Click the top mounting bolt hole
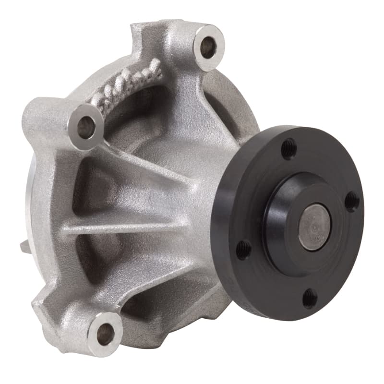click(208, 47)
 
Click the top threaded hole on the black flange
click(288, 149)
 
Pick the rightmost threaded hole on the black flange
click(352, 201)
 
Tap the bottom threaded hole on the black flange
click(310, 298)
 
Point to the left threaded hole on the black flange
click(244, 249)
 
